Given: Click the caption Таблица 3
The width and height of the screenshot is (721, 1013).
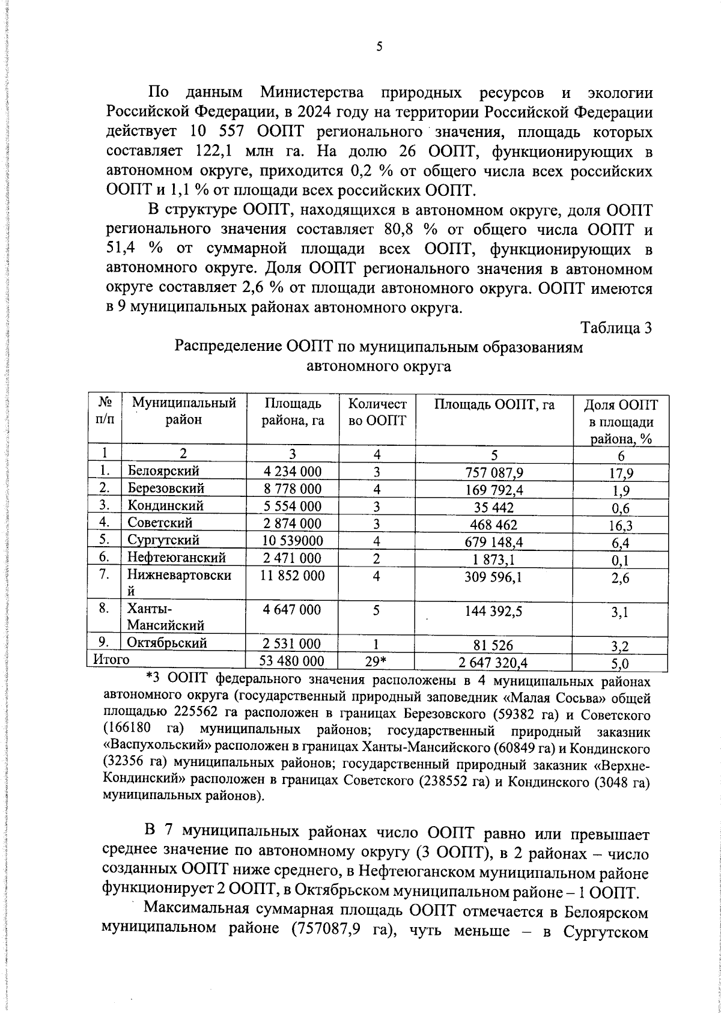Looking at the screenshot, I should coord(616,328).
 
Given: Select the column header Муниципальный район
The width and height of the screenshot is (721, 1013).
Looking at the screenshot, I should coord(183,411).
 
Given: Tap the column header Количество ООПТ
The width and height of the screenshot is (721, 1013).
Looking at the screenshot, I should coord(377,412).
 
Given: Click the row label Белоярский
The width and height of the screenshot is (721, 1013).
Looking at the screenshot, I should coord(163,470).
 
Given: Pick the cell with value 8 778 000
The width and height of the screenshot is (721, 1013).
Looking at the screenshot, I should coord(292,488).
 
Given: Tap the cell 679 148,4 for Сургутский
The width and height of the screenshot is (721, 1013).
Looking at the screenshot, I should coord(494,542).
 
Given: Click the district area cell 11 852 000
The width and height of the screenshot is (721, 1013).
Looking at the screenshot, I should coord(292,576).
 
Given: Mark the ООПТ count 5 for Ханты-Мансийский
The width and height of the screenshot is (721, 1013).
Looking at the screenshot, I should coord(376,610).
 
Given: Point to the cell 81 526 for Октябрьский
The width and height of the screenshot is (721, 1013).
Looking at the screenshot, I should coord(494,645).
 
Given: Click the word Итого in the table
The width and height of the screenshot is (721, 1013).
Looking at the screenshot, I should coord(111,660).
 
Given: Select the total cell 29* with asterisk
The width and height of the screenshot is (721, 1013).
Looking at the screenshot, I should coord(376,662).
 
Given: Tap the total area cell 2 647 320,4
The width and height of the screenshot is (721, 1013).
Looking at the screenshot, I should coord(494,663).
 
